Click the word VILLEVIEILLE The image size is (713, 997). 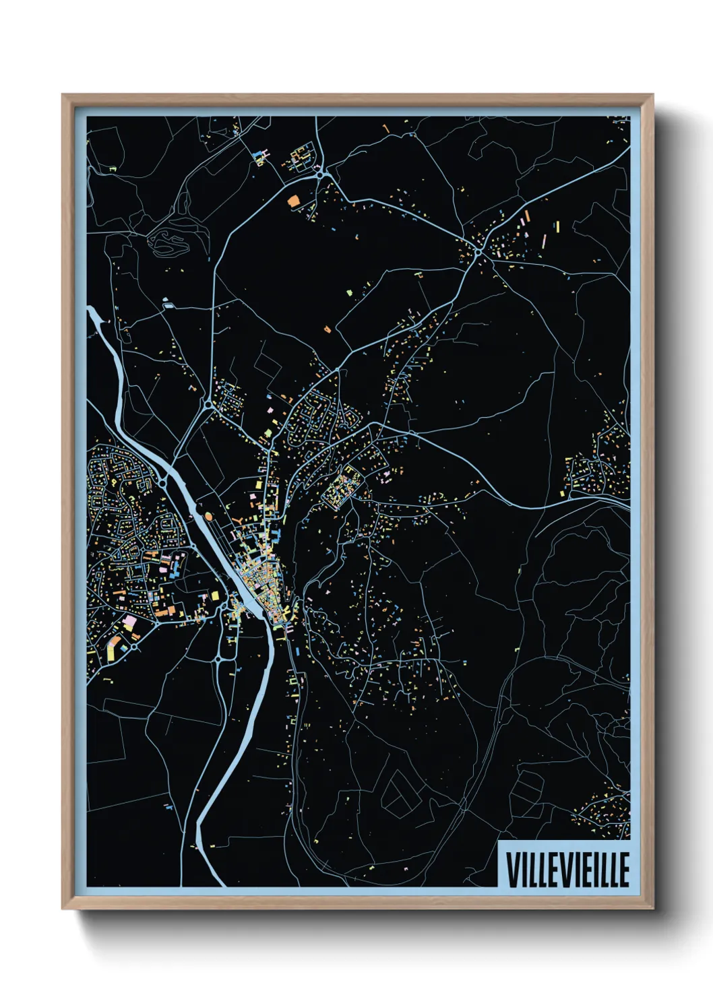pos(567,870)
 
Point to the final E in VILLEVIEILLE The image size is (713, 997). pos(624,870)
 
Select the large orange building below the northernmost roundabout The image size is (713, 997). pos(293,200)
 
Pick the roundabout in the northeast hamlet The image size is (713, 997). pos(477,252)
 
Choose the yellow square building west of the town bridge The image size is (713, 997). pos(216,596)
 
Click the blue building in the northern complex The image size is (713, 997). pos(257,156)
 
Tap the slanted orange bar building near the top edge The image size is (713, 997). pos(385,127)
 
